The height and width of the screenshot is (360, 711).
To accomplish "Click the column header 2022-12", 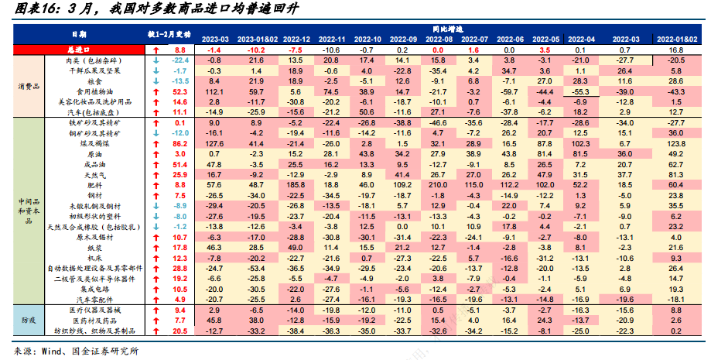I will tap(298, 38).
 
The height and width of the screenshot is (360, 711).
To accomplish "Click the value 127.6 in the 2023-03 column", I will tap(214, 144).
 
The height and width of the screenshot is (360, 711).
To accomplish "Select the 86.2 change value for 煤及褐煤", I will tap(180, 144).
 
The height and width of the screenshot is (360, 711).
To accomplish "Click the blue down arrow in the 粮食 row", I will tap(156, 80).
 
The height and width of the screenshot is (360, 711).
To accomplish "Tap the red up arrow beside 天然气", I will tap(156, 175).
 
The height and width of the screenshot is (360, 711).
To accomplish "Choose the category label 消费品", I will tap(29, 85).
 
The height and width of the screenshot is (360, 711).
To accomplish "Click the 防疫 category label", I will tap(29, 320).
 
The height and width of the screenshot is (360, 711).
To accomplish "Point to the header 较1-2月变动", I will tap(168, 33).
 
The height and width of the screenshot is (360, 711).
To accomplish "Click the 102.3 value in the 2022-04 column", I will tap(580, 144).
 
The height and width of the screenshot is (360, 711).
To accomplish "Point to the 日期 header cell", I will tap(79, 33).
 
